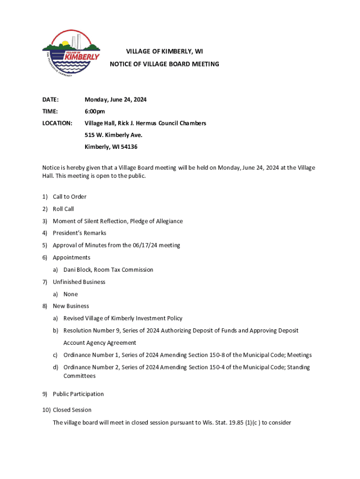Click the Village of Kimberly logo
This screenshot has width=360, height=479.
coord(71,55)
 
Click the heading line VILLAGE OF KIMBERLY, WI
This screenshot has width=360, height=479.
coord(164,51)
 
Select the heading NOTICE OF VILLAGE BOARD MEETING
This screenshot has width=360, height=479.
coord(164,64)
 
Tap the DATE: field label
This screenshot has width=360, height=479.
coord(50,100)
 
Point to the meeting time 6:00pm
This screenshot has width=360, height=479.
coord(94,111)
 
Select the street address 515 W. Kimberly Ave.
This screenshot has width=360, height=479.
coord(113,135)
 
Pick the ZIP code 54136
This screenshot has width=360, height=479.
coord(130,147)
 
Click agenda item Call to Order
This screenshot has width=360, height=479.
coord(69,197)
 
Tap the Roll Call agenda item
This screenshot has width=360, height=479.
coord(63,209)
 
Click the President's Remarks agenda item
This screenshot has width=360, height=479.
coord(79,233)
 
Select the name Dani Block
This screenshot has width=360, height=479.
coord(77,270)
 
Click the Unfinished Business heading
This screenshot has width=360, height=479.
coord(79,282)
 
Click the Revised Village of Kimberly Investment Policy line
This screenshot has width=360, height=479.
coord(123,319)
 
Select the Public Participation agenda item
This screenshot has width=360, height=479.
coord(78,394)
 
